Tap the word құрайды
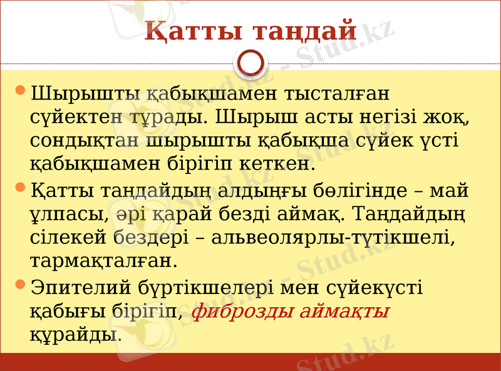click(75, 334)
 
